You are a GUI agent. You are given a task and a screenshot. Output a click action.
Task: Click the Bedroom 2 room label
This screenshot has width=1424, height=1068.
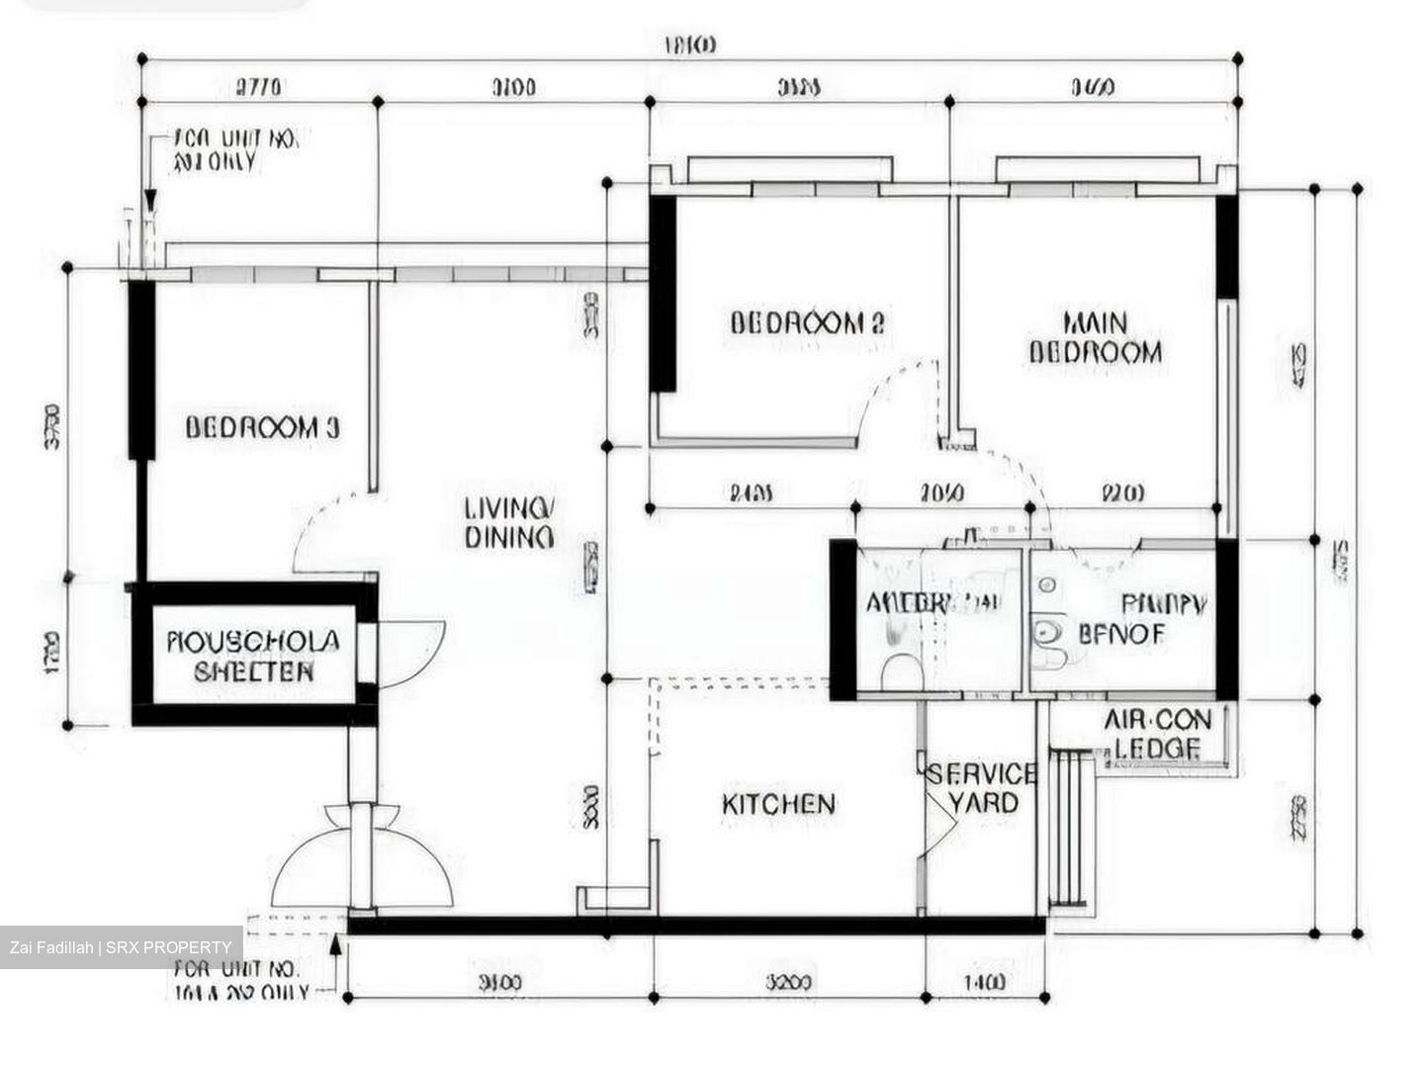[806, 323]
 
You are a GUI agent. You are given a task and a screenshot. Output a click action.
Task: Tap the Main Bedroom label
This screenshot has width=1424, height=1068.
[1095, 338]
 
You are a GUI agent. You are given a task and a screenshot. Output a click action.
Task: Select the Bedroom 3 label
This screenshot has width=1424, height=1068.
[262, 428]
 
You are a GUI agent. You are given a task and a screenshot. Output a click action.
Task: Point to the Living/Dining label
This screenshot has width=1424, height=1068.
[509, 523]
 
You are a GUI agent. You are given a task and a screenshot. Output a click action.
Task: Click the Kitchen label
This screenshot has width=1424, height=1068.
[778, 804]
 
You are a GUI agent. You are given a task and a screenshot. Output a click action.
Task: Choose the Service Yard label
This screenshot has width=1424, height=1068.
[982, 788]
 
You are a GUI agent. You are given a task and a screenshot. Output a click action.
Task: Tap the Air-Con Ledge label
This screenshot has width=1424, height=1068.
[1157, 734]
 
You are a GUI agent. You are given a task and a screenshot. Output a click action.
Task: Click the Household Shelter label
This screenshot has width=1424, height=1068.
[254, 657]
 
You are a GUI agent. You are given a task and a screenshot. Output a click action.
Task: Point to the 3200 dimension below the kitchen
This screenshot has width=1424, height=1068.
[788, 982]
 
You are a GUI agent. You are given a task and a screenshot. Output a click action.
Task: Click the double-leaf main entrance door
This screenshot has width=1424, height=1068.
[363, 858]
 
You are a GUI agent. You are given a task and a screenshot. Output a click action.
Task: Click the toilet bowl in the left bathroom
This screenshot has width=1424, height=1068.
[900, 672]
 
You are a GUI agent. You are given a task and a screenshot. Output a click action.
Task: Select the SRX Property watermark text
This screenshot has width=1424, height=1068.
[120, 947]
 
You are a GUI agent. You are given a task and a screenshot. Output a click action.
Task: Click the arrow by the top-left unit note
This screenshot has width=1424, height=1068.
[149, 203]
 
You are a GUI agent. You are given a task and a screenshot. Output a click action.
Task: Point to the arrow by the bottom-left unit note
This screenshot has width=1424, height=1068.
[336, 947]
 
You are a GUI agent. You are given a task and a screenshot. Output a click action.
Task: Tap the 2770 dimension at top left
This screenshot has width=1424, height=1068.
[258, 87]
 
